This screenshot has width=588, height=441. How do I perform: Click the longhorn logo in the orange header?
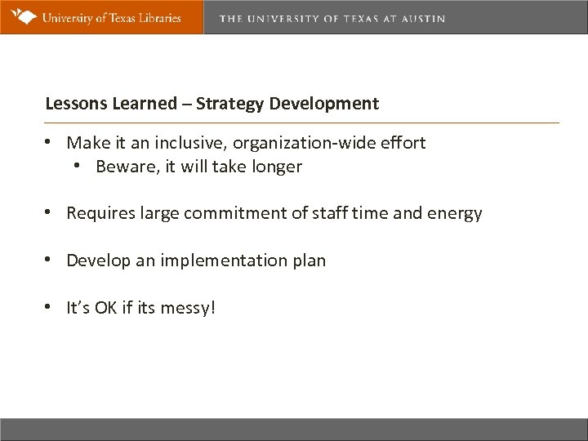click(x=21, y=16)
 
